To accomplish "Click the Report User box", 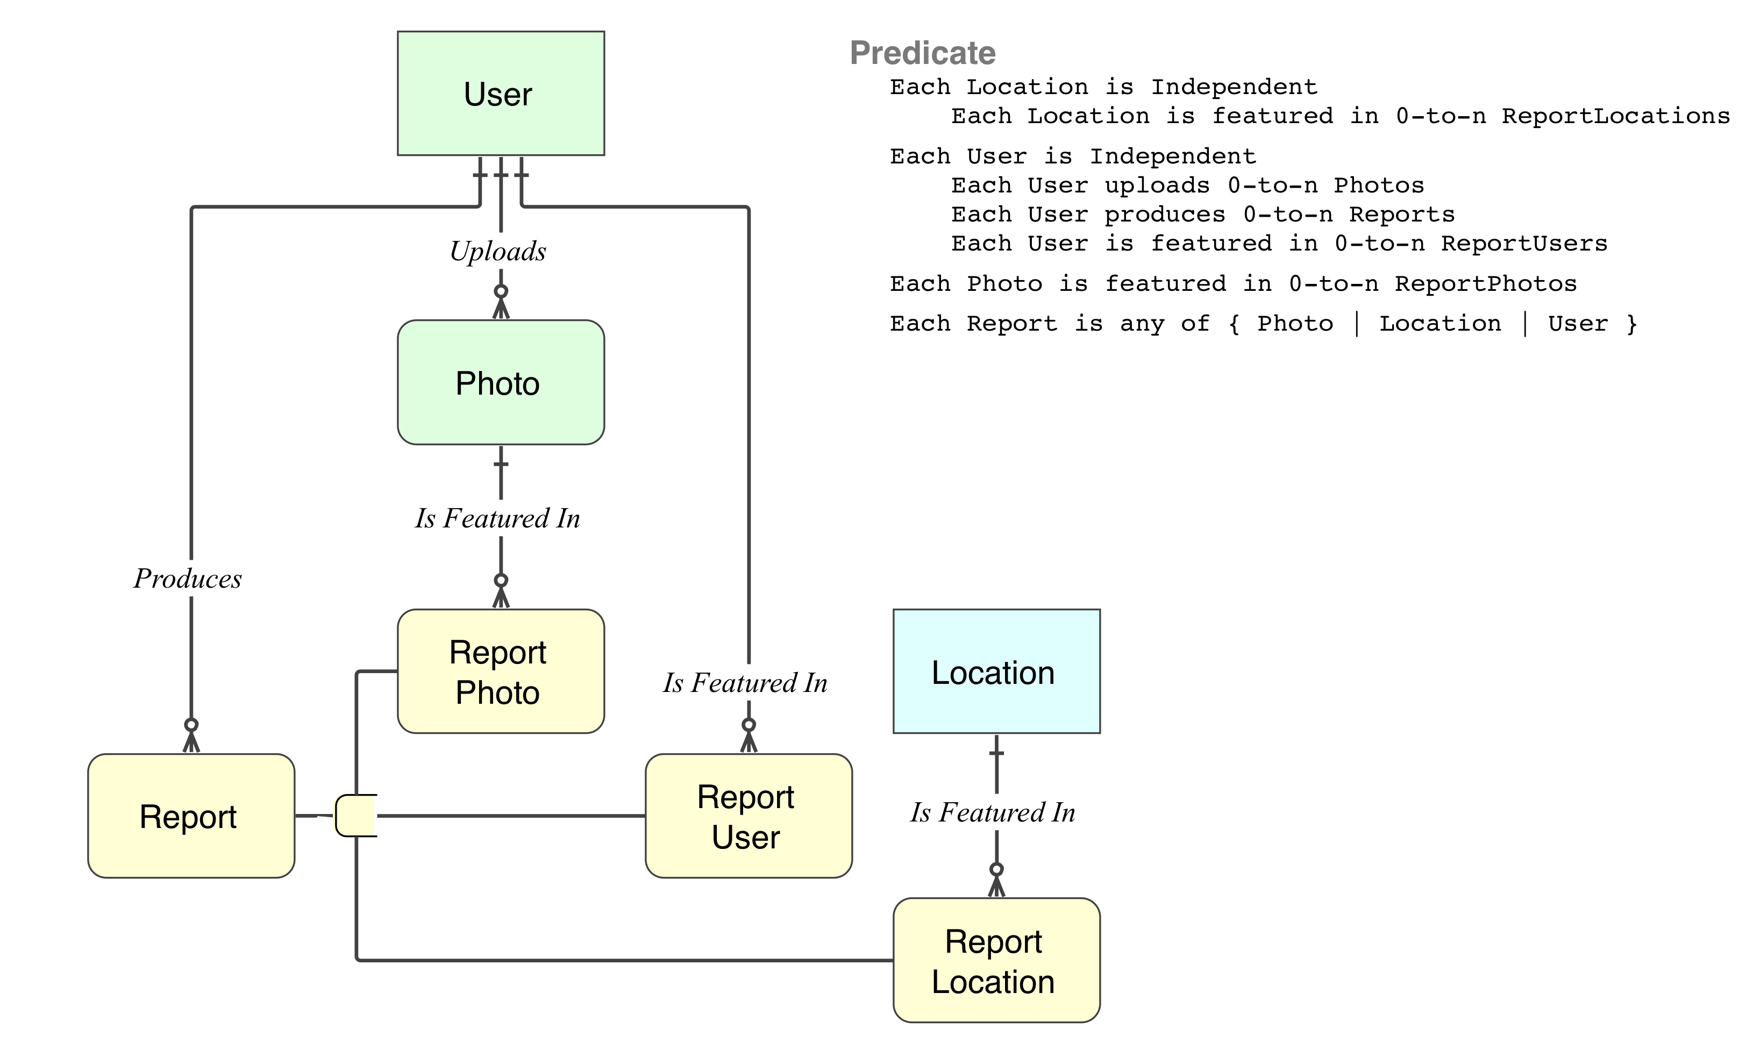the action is pyautogui.click(x=748, y=816).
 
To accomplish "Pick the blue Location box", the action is pyautogui.click(x=996, y=671).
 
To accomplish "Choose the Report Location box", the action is pyautogui.click(x=996, y=960).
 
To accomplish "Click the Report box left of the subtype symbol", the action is pyautogui.click(x=191, y=816).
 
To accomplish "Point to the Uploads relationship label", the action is pyautogui.click(x=498, y=251).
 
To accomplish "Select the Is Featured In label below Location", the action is pyautogui.click(x=993, y=812).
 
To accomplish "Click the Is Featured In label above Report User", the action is pyautogui.click(x=745, y=683).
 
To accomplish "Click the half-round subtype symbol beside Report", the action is pyautogui.click(x=356, y=816).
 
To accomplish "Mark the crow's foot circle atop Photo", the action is pyautogui.click(x=501, y=291).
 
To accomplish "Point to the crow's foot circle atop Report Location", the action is pyautogui.click(x=996, y=869).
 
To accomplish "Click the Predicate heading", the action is pyautogui.click(x=923, y=53).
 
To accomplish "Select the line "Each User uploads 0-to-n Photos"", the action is pyautogui.click(x=1187, y=185).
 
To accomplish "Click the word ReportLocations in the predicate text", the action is pyautogui.click(x=1616, y=116).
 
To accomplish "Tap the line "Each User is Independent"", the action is pyautogui.click(x=1073, y=156).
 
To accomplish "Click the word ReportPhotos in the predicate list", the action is pyautogui.click(x=1485, y=284).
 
